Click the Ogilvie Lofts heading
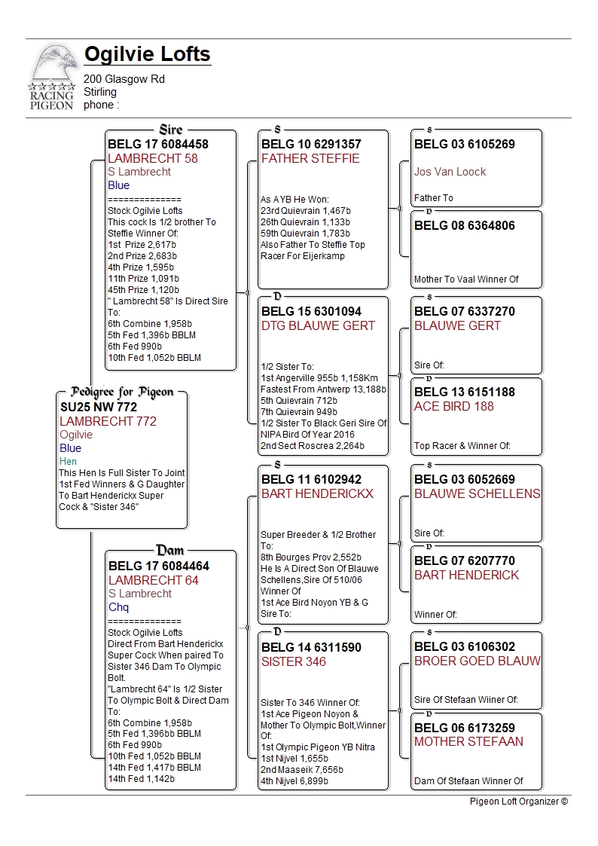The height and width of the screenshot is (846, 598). tap(147, 55)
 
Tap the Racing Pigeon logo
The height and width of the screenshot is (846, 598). tap(53, 78)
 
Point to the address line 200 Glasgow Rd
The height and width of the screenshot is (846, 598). tap(124, 79)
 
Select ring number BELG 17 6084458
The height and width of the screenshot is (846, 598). tap(158, 144)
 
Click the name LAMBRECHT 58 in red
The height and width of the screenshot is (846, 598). tap(153, 158)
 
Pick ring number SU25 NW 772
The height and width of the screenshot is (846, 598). tap(99, 407)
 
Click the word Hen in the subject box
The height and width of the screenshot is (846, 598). tap(69, 461)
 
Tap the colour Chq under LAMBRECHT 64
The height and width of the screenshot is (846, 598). tap(118, 607)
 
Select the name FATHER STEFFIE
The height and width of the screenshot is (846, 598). tap(310, 158)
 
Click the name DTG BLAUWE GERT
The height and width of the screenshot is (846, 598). tap(318, 325)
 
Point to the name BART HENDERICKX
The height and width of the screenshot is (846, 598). tap(317, 493)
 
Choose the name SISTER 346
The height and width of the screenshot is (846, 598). tap(294, 661)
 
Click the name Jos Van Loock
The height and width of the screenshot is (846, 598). tap(450, 172)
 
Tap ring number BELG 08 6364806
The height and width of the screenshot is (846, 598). tap(465, 225)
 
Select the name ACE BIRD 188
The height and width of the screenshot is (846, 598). tap(453, 406)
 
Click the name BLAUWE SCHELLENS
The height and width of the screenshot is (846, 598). tap(477, 493)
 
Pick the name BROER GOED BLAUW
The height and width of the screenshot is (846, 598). tap(477, 661)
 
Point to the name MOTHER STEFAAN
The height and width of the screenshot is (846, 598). tap(468, 741)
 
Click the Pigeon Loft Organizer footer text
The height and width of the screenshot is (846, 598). tap(518, 802)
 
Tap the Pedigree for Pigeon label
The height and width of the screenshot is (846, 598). tap(122, 392)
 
